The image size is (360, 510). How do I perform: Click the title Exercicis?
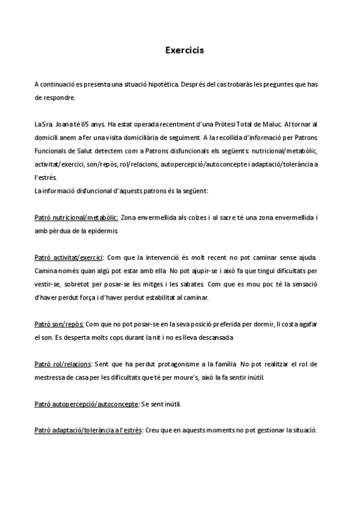coord(185,51)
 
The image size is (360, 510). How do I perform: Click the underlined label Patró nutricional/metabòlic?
coord(76,217)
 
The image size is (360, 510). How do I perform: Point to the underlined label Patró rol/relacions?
coord(63,364)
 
